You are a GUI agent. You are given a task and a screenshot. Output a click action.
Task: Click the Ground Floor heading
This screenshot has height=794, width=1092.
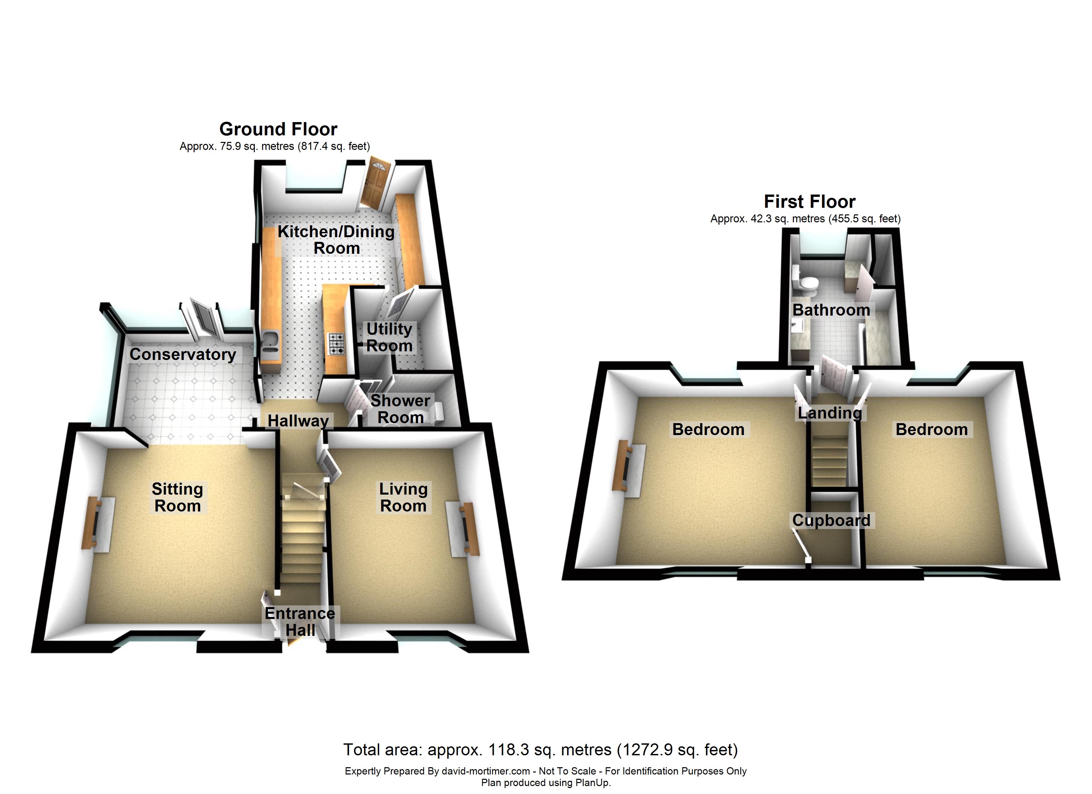(278, 129)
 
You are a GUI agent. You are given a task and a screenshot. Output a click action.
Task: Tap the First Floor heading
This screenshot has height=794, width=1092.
(809, 201)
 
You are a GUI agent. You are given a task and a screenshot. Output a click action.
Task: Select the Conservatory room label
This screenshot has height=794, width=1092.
(182, 354)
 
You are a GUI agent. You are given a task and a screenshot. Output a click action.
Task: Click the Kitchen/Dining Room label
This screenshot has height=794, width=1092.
(336, 240)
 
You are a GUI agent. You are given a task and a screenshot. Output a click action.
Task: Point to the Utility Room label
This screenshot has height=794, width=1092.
(389, 337)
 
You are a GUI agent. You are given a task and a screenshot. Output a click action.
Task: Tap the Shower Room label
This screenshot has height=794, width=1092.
(400, 409)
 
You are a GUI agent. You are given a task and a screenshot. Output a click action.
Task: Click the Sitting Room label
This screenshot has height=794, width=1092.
(177, 497)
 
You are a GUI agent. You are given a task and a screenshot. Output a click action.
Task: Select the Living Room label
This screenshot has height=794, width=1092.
(403, 497)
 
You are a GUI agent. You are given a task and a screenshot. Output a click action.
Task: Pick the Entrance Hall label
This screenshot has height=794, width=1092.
(299, 622)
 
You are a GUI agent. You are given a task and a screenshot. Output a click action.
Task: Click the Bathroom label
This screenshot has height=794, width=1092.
(831, 310)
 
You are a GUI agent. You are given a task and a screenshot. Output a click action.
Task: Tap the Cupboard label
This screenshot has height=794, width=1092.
(831, 520)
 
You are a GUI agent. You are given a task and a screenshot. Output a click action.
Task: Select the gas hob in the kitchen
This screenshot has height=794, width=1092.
(336, 344)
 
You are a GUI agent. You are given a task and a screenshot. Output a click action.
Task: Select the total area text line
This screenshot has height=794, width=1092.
(540, 750)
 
